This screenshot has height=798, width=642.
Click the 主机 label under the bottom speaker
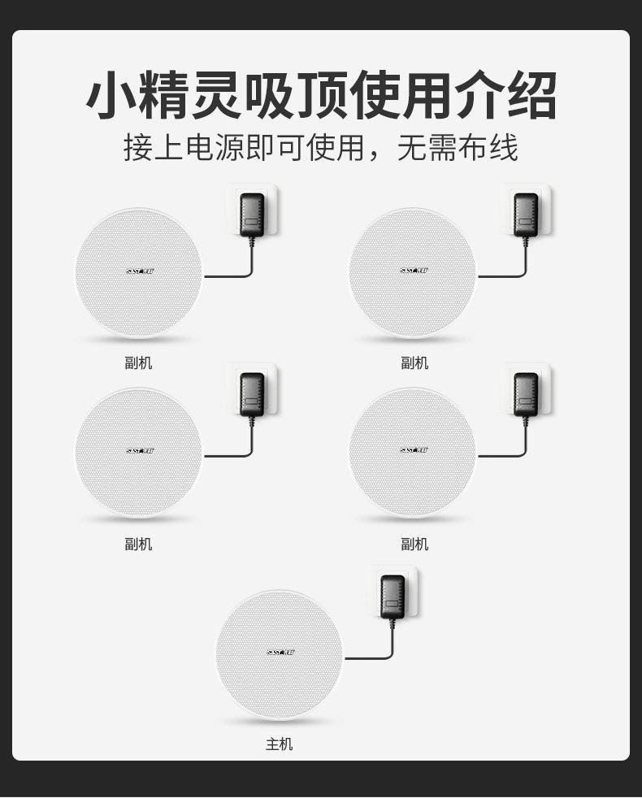coord(279,744)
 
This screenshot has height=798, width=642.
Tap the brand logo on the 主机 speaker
coord(280,652)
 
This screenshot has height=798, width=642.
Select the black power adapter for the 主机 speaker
coord(393,596)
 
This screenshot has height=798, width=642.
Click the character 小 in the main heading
coord(113,97)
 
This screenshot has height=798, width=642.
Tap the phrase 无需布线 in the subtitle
coord(457,148)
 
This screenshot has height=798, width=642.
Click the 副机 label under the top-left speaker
coord(138,362)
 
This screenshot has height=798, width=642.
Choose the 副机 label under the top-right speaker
coord(414,362)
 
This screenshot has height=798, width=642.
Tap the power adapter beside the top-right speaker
coord(526,215)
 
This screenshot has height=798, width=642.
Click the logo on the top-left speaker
coord(140,271)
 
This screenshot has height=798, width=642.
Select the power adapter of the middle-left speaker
coord(252,394)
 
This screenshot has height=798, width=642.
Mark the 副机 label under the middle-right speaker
coord(414,544)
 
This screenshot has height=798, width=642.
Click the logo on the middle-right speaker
coord(414,450)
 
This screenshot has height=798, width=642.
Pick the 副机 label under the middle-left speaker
coord(138,544)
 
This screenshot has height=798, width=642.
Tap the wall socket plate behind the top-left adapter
coord(270,195)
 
